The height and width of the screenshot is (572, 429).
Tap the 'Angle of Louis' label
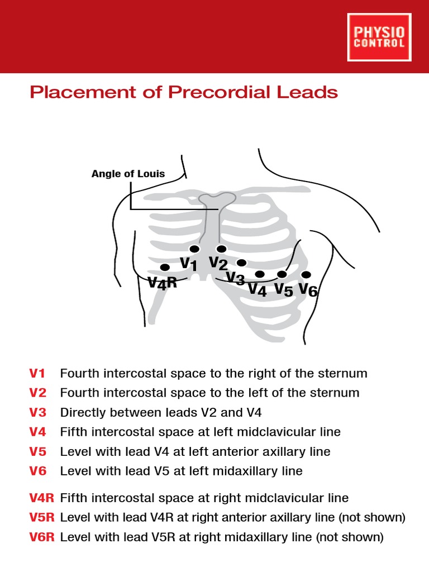(x=128, y=174)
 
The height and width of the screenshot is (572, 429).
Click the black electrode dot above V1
(x=194, y=249)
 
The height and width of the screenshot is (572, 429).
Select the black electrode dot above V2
(x=221, y=249)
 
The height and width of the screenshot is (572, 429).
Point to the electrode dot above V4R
(x=165, y=268)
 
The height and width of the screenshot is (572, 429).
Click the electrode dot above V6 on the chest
(x=306, y=275)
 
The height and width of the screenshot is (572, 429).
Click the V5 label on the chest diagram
(x=283, y=289)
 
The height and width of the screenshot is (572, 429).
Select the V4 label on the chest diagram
(x=258, y=289)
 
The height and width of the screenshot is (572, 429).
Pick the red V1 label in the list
(x=38, y=373)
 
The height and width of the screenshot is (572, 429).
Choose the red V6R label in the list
(x=42, y=537)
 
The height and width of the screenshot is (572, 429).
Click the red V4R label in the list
(x=42, y=498)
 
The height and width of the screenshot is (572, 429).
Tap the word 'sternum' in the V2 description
(x=335, y=393)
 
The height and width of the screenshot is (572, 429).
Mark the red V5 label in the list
(x=38, y=451)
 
